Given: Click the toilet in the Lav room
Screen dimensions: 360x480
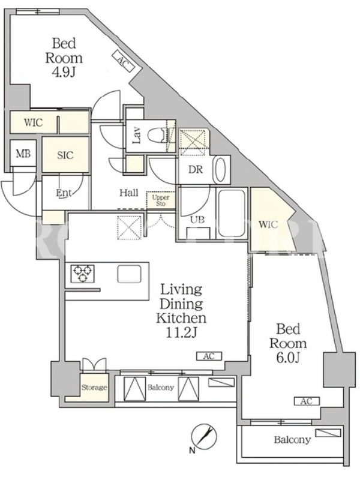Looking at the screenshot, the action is [x=157, y=135].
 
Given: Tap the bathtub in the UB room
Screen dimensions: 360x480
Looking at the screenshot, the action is [x=232, y=214].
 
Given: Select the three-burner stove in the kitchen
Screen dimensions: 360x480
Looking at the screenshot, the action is [x=83, y=273].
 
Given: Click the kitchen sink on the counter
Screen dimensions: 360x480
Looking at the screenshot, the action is [x=129, y=274].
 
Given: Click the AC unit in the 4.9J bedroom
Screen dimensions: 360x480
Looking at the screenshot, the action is [x=122, y=61].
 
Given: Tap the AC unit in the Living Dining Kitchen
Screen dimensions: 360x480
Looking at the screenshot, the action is [x=209, y=356].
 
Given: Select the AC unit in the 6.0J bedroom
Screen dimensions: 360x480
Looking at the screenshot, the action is [x=307, y=401].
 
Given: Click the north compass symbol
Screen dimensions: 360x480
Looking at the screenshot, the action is [x=204, y=436].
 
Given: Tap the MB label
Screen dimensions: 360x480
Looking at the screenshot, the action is [x=23, y=154].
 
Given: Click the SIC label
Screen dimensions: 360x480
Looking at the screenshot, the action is [x=65, y=155].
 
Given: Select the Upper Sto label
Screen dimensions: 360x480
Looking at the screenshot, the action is [x=161, y=200].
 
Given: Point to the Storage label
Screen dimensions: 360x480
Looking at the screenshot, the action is [x=94, y=388].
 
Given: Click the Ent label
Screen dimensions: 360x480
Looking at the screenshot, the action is [x=64, y=193].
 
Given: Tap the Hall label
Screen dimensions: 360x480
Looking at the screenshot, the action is [x=129, y=193].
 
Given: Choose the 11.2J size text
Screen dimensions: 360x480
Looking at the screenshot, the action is [x=181, y=333].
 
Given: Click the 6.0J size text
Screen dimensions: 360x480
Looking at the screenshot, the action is [x=288, y=358].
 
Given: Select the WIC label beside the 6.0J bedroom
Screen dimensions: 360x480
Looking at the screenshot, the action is [x=268, y=224].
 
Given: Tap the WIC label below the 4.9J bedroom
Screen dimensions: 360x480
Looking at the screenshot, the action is [x=34, y=123].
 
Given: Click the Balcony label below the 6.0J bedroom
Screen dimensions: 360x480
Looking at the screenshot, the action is [x=292, y=440].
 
